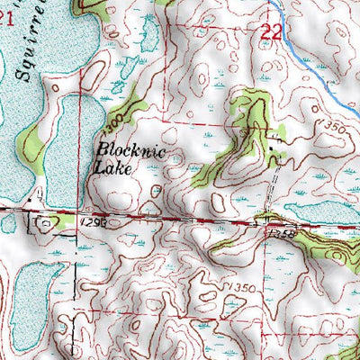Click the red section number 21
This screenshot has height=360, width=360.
(x=7, y=30)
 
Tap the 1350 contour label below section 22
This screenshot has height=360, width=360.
(x=331, y=130)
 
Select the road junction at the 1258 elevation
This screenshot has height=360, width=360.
(x=261, y=220)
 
